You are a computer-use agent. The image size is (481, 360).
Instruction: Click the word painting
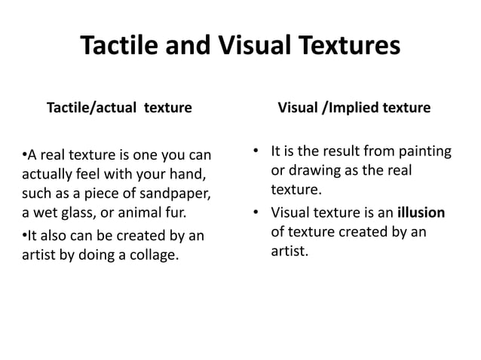(x=421, y=153)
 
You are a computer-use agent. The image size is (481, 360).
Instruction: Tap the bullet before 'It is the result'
(x=256, y=153)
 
